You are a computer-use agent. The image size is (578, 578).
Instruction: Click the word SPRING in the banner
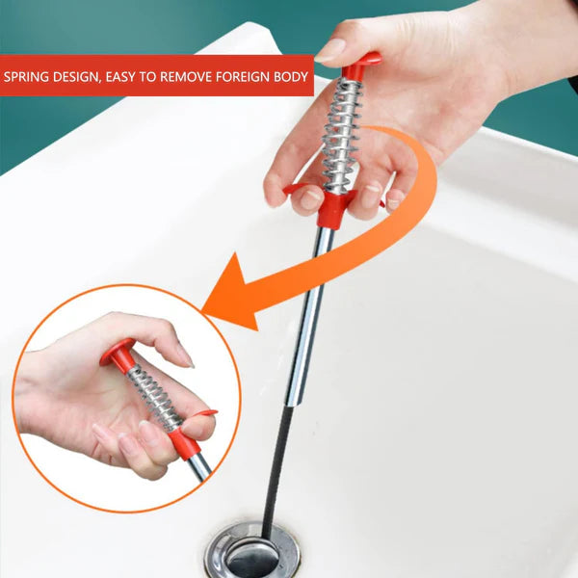pyautogui.click(x=26, y=77)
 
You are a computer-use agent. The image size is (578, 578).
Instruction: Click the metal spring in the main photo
pyautogui.click(x=342, y=135)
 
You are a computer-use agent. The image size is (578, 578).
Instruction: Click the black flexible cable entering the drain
pyautogui.click(x=278, y=472)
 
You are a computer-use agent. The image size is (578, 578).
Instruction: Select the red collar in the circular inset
pyautogui.click(x=188, y=440)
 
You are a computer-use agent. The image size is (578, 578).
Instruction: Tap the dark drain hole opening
pyautogui.click(x=251, y=563)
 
